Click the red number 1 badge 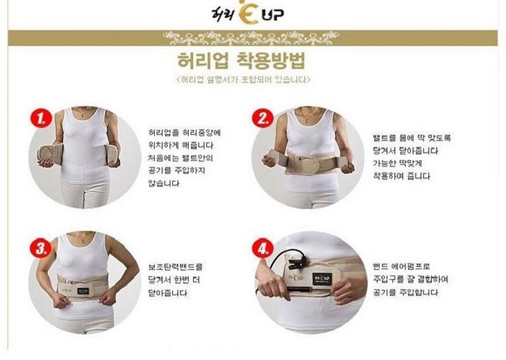pyautogui.click(x=42, y=118)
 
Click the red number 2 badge pyautogui.click(x=262, y=118)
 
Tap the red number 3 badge pyautogui.click(x=41, y=249)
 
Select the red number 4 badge pyautogui.click(x=262, y=248)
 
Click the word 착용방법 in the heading pyautogui.click(x=271, y=60)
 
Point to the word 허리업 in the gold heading pyautogui.click(x=203, y=60)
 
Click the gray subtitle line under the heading pyautogui.click(x=244, y=79)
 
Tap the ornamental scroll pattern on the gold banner pyautogui.click(x=251, y=38)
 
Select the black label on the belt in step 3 pyautogui.click(x=83, y=290)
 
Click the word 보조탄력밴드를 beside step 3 pyautogui.click(x=175, y=267)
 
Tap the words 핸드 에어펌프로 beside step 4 pyautogui.click(x=401, y=266)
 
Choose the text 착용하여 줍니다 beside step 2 pyautogui.click(x=402, y=176)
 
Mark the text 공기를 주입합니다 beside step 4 pyautogui.click(x=405, y=292)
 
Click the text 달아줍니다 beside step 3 pyautogui.click(x=168, y=293)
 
